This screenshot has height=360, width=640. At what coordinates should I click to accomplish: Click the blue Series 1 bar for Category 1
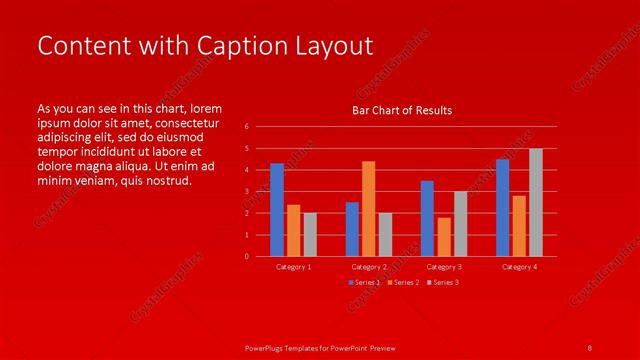pos(277,210)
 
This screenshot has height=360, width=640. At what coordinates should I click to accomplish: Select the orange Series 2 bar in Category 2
pos(368,208)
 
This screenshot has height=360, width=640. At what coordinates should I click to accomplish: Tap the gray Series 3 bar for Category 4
pos(536,202)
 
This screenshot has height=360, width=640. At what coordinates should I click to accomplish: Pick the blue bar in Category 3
pos(427,218)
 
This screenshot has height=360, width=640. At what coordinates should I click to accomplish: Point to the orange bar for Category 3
pos(444,237)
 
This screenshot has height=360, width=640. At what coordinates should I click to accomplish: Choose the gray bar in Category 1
pos(310,234)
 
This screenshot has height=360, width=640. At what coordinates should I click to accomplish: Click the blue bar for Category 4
pos(502,207)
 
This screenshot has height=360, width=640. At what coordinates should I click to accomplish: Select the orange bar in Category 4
pos(519,226)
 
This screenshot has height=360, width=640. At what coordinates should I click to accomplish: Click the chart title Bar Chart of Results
pos(402,110)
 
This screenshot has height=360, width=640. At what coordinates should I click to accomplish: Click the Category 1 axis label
pos(293,267)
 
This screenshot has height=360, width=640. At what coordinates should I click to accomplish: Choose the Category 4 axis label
pos(519,267)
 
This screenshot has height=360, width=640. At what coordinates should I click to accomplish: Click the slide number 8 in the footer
pos(590,347)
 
